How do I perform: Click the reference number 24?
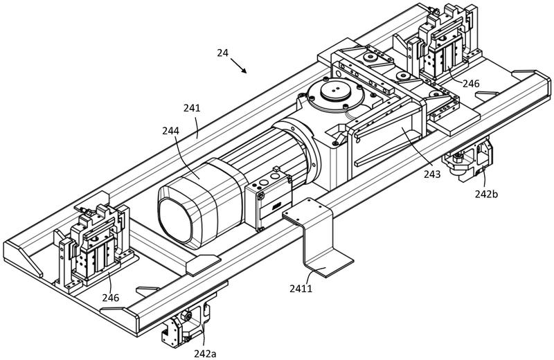pyautogui.click(x=222, y=53)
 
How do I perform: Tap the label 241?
pyautogui.click(x=192, y=108)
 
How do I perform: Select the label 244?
pyautogui.click(x=170, y=131)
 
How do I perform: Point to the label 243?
pyautogui.click(x=432, y=174)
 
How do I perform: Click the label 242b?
pyautogui.click(x=486, y=194)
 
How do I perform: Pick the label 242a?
pyautogui.click(x=205, y=353)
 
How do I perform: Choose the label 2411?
pyautogui.click(x=301, y=289)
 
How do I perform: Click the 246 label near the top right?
pyautogui.click(x=472, y=84)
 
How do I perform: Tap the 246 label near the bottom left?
pyautogui.click(x=111, y=298)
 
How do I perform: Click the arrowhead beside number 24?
pyautogui.click(x=244, y=71)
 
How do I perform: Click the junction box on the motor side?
pyautogui.click(x=269, y=199)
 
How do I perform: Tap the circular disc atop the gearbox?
pyautogui.click(x=336, y=93)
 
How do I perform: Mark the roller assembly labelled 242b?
pyautogui.click(x=468, y=159)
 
